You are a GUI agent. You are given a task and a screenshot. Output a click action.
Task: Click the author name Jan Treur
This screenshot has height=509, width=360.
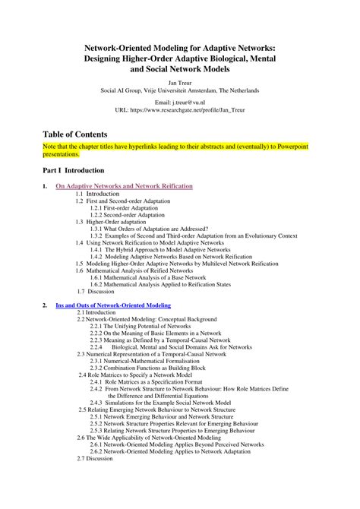[x=179, y=78]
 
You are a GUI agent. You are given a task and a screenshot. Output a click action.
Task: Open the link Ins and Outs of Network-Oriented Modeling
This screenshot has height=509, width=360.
[x=113, y=305]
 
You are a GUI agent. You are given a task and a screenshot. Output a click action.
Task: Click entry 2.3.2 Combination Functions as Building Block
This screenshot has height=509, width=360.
[x=155, y=368]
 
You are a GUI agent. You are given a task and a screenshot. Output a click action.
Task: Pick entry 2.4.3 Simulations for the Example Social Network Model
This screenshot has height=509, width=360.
[x=169, y=403]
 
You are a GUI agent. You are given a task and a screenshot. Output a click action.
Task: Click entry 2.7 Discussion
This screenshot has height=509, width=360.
[x=94, y=458]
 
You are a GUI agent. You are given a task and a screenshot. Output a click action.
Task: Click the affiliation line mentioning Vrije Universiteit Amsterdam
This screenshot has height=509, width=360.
[x=180, y=87]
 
